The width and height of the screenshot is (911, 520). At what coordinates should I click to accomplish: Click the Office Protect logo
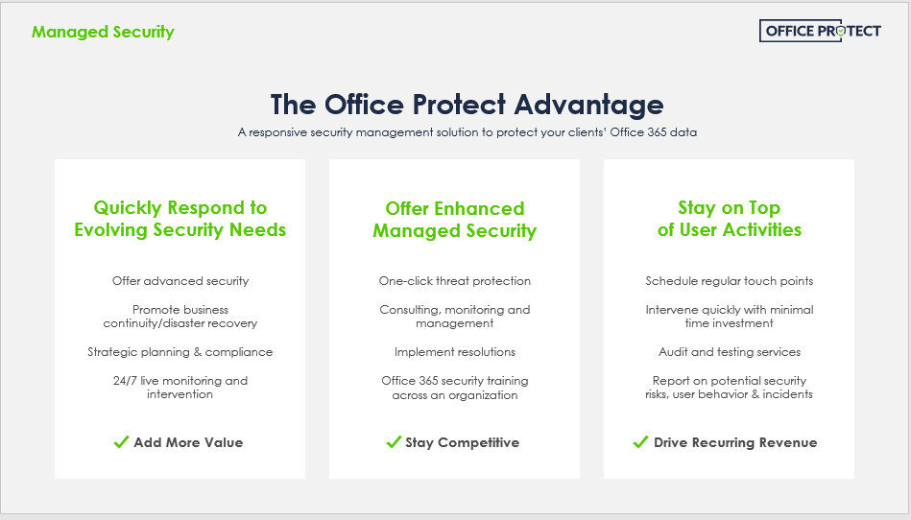click(820, 31)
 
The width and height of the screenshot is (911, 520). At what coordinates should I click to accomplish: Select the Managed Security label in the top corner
click(103, 32)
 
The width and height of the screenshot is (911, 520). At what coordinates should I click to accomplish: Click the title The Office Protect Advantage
click(467, 105)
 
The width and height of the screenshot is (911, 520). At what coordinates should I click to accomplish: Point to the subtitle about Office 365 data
click(467, 132)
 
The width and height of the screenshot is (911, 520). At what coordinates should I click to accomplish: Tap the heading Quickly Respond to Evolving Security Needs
click(180, 219)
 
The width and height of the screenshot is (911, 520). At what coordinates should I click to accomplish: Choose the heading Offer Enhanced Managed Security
click(454, 220)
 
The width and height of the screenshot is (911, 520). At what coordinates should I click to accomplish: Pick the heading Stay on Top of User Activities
click(730, 219)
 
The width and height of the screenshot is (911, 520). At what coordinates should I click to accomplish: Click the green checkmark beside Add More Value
click(121, 442)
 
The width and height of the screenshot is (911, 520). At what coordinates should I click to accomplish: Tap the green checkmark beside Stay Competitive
click(394, 442)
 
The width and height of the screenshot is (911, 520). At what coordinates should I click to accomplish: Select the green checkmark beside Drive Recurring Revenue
click(640, 442)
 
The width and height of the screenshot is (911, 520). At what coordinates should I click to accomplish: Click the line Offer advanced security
click(180, 281)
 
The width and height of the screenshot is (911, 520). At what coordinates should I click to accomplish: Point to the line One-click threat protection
click(454, 281)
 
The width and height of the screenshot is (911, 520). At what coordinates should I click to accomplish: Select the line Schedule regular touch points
click(730, 281)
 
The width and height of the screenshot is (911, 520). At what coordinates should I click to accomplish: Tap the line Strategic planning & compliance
click(180, 352)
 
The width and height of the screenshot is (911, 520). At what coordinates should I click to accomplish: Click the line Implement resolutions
click(454, 352)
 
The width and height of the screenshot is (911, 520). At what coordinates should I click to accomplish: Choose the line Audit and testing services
click(730, 352)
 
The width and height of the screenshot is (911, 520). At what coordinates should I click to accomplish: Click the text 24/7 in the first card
click(125, 381)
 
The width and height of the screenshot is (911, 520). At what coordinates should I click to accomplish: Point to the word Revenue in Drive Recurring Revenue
click(788, 442)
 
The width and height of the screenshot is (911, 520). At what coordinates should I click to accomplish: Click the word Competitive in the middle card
click(478, 443)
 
